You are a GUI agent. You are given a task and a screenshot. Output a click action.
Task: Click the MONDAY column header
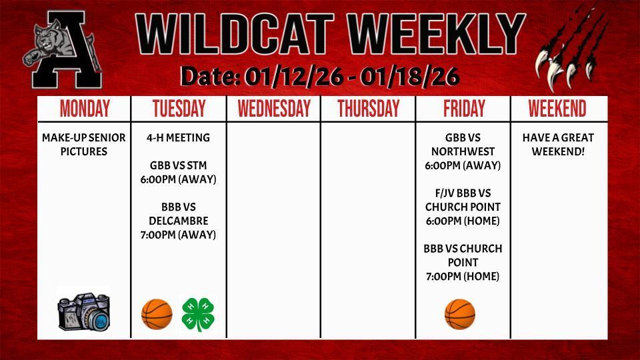tap(84, 109)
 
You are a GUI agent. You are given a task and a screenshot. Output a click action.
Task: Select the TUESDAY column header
tap(179, 109)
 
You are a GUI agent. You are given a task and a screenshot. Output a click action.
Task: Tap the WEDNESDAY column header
tap(274, 109)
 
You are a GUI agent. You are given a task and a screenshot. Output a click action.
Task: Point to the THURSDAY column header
tap(368, 109)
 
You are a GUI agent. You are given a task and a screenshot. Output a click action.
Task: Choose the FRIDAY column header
tap(464, 109)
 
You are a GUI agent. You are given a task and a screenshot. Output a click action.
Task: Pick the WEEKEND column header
tap(557, 109)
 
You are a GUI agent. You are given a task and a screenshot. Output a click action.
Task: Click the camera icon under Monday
tap(84, 311)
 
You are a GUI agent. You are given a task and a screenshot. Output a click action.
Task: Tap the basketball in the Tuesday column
tap(157, 313)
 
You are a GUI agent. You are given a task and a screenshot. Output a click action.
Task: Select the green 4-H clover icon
tap(198, 314)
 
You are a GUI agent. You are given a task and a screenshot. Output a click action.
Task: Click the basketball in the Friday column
tap(460, 314)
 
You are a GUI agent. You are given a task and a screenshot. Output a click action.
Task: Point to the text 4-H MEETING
tap(178, 138)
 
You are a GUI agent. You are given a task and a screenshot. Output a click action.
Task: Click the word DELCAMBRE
tap(179, 221)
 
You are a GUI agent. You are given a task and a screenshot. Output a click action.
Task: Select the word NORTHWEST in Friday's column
tap(463, 152)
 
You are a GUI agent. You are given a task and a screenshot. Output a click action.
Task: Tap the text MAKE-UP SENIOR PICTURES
tap(84, 145)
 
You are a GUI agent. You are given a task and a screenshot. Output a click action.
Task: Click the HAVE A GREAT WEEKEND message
tap(558, 145)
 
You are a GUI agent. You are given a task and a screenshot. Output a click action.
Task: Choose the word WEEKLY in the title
tap(433, 35)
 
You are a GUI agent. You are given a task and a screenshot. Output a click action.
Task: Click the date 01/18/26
tap(409, 77)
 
